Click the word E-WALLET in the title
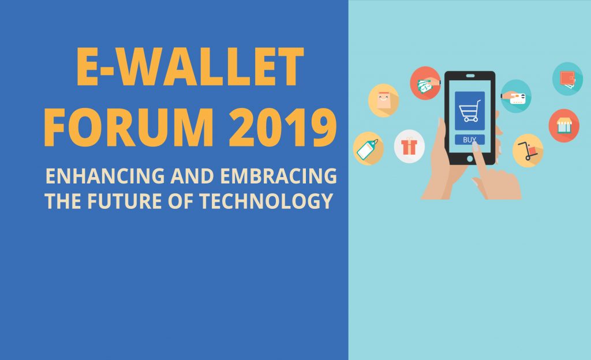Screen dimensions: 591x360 190,67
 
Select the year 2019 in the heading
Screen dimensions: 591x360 282,127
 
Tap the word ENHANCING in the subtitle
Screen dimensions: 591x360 105,176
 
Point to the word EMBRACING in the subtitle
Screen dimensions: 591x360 278,176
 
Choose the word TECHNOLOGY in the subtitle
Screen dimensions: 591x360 265,201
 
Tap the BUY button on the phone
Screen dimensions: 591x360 470,140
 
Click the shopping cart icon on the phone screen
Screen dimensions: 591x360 470,111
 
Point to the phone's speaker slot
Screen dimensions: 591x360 470,76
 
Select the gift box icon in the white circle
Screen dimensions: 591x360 409,146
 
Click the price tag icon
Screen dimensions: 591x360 368,148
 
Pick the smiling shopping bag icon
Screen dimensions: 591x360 383,100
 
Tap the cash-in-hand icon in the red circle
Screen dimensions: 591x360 425,83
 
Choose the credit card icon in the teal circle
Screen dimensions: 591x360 516,96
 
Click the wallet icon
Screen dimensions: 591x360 568,78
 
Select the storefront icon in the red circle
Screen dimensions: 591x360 564,126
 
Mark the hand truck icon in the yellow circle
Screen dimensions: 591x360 528,151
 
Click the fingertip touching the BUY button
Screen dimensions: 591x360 475,145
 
